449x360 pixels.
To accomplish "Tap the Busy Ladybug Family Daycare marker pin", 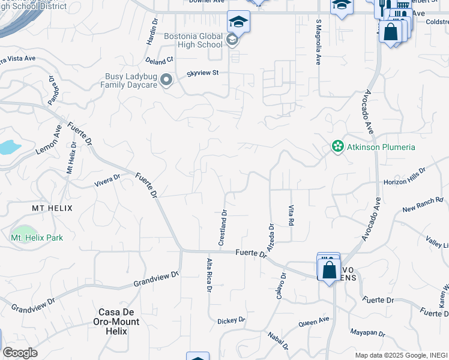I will pyautogui.click(x=166, y=80).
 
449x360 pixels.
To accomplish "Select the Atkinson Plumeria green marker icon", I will pyautogui.click(x=338, y=146).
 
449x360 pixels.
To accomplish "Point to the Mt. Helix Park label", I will pyautogui.click(x=37, y=238).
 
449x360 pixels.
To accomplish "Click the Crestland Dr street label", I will pyautogui.click(x=223, y=227).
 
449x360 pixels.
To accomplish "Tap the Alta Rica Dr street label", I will pyautogui.click(x=209, y=275).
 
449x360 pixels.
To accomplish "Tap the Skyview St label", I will pyautogui.click(x=203, y=72).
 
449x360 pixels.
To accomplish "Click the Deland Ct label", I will pyautogui.click(x=159, y=60).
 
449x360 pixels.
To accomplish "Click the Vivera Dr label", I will pyautogui.click(x=108, y=181).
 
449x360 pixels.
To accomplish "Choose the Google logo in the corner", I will pyautogui.click(x=20, y=352).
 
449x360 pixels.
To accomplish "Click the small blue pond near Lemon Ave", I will pyautogui.click(x=9, y=146).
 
